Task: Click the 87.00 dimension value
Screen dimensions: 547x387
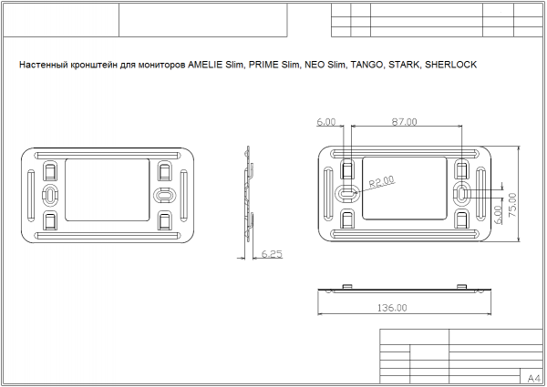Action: (x=404, y=122)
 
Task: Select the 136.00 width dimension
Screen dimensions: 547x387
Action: (x=392, y=308)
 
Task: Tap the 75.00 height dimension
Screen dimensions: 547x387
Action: (x=512, y=205)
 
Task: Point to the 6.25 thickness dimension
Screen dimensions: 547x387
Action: (x=272, y=254)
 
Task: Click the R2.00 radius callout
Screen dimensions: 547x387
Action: (x=382, y=181)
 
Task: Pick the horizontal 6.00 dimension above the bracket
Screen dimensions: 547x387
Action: (x=326, y=122)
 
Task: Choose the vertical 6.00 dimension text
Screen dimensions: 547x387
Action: (x=498, y=215)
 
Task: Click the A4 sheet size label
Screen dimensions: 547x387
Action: (x=533, y=378)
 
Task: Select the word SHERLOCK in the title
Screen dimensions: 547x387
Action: (x=450, y=65)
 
